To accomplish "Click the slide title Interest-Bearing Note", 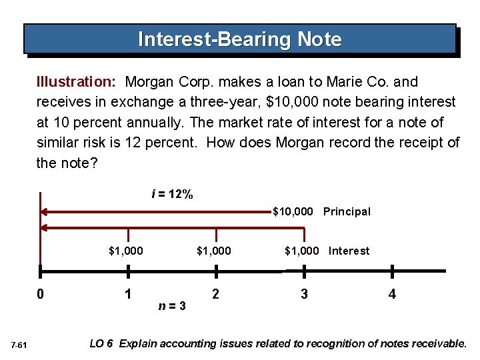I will point(239,39).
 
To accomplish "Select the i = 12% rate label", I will point(172,195).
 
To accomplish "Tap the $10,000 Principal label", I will point(321,211).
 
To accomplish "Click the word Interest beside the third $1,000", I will point(349,251).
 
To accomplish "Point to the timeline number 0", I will point(40,294).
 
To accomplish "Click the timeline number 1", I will point(128,294).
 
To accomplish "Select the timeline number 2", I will point(215,294).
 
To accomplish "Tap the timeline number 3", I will point(304,294).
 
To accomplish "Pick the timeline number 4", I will point(392,294).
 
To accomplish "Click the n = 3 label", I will point(172,305).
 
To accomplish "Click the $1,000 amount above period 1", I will point(125,251).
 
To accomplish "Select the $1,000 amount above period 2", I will point(213,251).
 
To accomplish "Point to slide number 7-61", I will point(19,345).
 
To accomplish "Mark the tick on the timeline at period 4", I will point(392,271).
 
